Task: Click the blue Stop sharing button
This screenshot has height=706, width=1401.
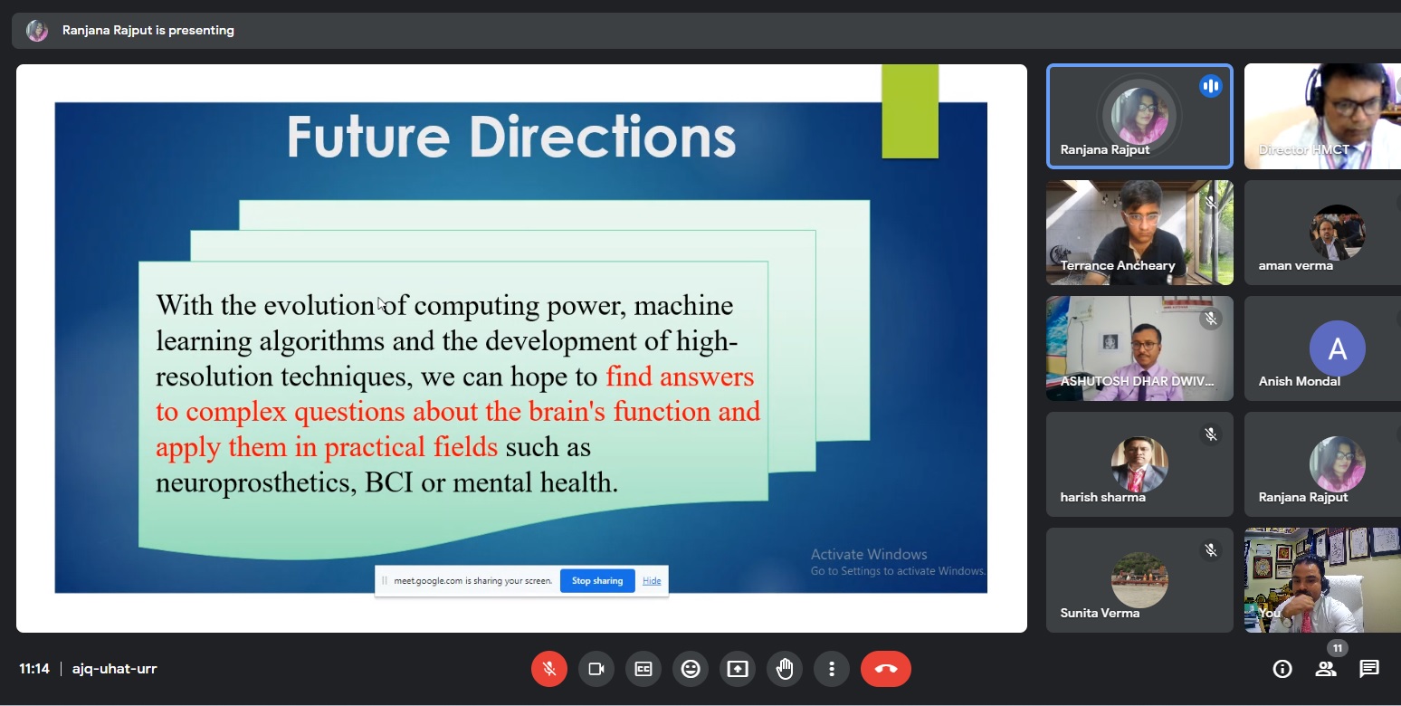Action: [x=597, y=580]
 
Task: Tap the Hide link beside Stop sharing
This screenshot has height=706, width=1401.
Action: [x=652, y=581]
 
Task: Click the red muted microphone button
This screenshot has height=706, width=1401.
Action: [x=549, y=669]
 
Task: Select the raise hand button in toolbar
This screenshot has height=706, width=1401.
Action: [x=785, y=669]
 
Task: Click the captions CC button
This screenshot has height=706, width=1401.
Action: [x=643, y=669]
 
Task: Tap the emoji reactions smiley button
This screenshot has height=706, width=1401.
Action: [x=691, y=669]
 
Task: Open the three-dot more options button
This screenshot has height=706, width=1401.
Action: [x=831, y=669]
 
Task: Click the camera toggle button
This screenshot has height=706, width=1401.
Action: [x=596, y=669]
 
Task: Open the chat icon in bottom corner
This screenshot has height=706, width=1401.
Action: [x=1369, y=669]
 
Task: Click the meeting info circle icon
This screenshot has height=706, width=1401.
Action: [x=1282, y=669]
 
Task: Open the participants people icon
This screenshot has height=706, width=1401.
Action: [x=1325, y=669]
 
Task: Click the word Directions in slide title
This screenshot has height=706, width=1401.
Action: [x=603, y=137]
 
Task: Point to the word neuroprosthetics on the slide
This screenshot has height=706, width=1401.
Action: [x=256, y=482]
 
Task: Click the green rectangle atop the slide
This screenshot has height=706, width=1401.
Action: [x=910, y=111]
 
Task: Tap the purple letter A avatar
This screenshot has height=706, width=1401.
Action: [x=1338, y=348]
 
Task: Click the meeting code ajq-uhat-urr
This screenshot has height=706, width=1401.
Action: [x=114, y=669]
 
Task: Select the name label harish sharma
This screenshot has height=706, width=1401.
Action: [x=1102, y=497]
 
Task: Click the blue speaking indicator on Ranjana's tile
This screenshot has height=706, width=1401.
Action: [x=1211, y=86]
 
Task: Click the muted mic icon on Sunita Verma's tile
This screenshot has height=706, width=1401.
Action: [x=1211, y=550]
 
